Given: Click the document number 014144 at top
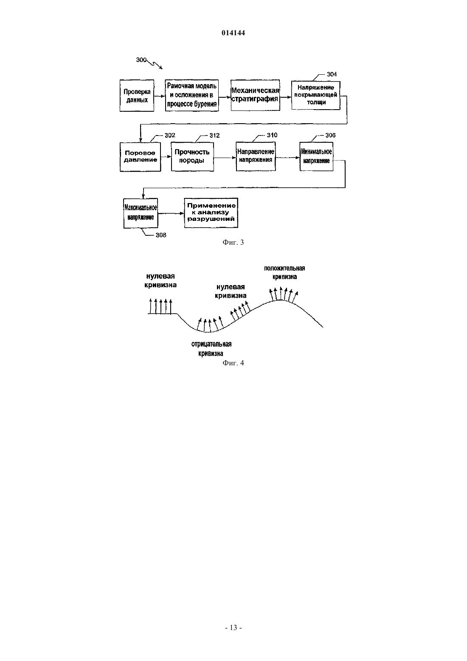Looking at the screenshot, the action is [x=233, y=33].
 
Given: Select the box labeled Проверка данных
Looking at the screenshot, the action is [x=137, y=96].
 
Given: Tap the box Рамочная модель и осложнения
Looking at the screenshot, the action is [x=191, y=95].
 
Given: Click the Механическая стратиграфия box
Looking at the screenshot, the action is [x=255, y=95].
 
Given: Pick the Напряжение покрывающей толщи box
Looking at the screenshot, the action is [x=316, y=95].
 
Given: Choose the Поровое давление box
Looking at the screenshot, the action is [x=141, y=157].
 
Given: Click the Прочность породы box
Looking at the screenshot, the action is [x=192, y=157].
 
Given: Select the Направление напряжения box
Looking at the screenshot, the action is [x=256, y=156].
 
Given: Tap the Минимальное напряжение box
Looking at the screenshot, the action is [x=316, y=156].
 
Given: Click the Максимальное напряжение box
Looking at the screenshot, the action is [x=141, y=213].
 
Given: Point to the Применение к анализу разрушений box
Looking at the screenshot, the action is [x=211, y=213].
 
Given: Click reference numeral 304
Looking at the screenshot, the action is [x=332, y=74].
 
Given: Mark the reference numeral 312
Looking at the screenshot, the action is [x=214, y=136].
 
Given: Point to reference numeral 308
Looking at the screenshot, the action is [x=160, y=235].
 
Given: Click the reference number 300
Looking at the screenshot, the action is [x=141, y=60].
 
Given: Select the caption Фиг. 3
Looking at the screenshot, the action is [x=233, y=243].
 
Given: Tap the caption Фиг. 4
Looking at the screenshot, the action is [x=233, y=363].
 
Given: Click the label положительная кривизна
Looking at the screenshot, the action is [x=284, y=272].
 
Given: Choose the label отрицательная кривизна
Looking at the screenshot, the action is [x=211, y=349].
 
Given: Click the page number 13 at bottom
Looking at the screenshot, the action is [x=233, y=628].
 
